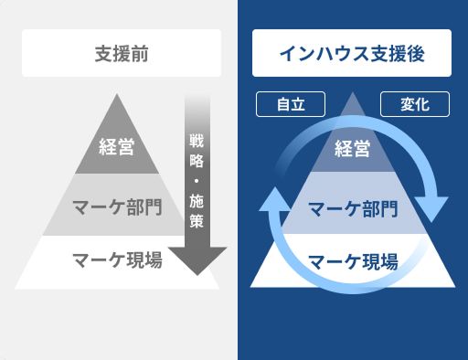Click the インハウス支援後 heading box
pyautogui.click(x=352, y=53)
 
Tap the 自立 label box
pyautogui.click(x=291, y=104)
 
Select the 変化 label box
pyautogui.click(x=414, y=104)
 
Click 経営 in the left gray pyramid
pyautogui.click(x=117, y=145)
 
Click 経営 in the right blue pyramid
pyautogui.click(x=352, y=147)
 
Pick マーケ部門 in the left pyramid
pyautogui.click(x=117, y=204)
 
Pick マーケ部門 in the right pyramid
pyautogui.click(x=352, y=210)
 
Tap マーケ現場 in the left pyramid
pyautogui.click(x=117, y=259)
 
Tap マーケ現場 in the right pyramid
pyautogui.click(x=352, y=261)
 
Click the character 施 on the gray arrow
pyautogui.click(x=197, y=200)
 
